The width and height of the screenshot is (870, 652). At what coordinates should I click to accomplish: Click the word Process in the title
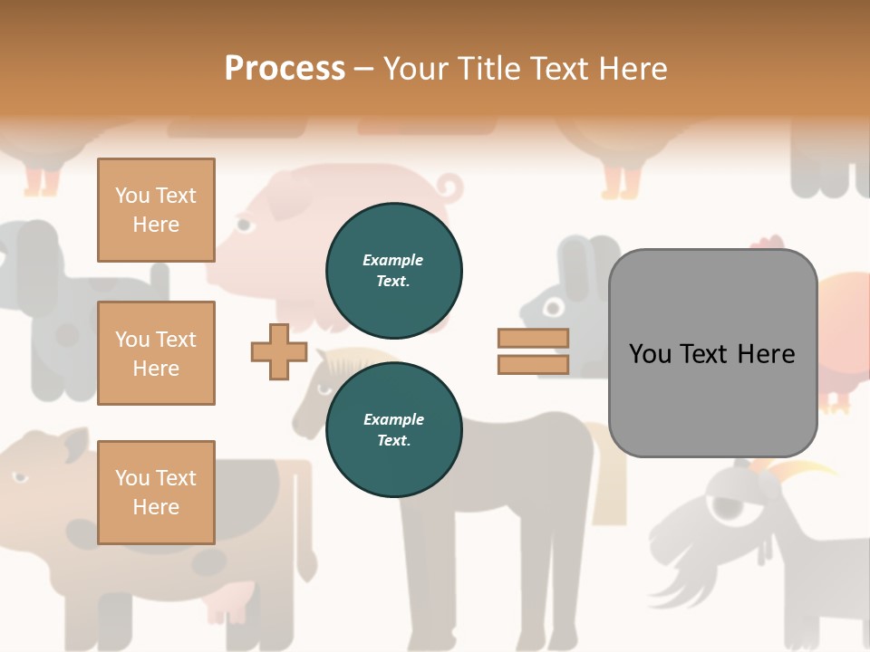click(285, 68)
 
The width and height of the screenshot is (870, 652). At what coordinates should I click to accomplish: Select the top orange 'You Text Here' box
click(156, 210)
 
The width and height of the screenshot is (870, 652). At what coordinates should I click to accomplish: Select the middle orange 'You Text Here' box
click(156, 353)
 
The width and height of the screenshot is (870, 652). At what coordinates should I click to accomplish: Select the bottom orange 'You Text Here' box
click(156, 493)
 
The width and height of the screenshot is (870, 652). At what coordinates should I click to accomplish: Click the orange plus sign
click(279, 352)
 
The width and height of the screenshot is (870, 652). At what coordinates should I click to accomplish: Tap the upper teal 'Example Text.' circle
click(393, 270)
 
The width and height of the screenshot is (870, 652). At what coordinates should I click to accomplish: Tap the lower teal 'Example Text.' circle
click(393, 429)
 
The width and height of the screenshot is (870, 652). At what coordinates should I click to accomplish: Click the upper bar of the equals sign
click(533, 338)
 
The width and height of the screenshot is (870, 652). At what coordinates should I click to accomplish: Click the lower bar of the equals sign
click(533, 364)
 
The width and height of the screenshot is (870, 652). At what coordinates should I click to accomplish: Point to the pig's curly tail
click(449, 189)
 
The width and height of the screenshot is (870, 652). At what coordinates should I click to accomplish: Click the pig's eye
click(243, 223)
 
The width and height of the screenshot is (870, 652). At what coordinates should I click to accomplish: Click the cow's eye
click(20, 477)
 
